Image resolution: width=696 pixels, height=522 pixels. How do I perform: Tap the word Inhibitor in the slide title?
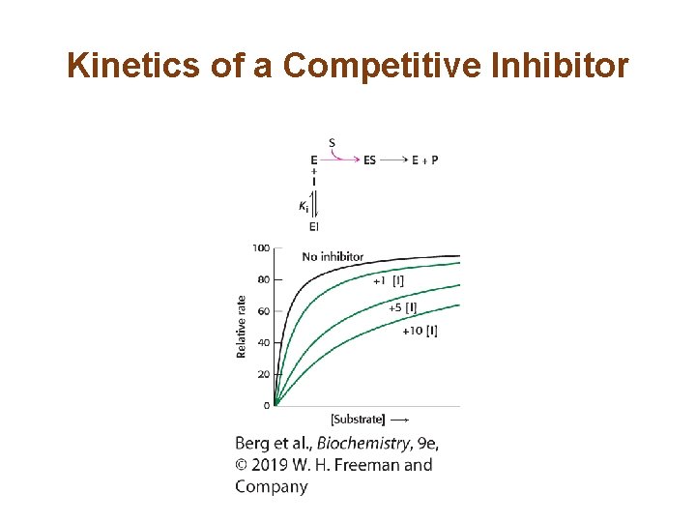point(562,66)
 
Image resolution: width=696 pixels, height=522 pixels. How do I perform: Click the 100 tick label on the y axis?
point(261,248)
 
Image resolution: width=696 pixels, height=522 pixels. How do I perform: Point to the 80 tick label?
point(264,279)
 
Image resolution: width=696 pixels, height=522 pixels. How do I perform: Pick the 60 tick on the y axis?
point(264,310)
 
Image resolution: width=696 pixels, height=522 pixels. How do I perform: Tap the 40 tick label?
point(264,342)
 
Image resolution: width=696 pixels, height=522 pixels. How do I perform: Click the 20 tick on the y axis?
point(264,373)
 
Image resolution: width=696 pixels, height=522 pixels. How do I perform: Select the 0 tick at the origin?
point(266,405)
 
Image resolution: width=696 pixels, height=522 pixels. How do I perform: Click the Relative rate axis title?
point(242,326)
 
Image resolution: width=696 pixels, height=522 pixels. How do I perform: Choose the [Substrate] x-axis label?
point(358,420)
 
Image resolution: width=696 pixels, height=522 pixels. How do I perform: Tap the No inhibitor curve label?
point(333,256)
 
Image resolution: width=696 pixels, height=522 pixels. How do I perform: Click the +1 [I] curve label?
point(389,280)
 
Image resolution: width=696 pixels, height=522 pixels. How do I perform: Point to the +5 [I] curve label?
point(403,307)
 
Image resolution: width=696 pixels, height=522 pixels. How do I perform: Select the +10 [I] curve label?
point(420,331)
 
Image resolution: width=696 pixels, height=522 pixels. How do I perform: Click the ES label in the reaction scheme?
point(370,160)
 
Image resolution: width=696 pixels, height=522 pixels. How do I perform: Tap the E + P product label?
point(424,160)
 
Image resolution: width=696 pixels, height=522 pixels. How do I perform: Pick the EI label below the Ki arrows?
point(314,226)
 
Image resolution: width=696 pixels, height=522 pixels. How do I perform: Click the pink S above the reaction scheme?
point(333,143)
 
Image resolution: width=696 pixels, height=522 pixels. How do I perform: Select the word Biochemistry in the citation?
point(362,444)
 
